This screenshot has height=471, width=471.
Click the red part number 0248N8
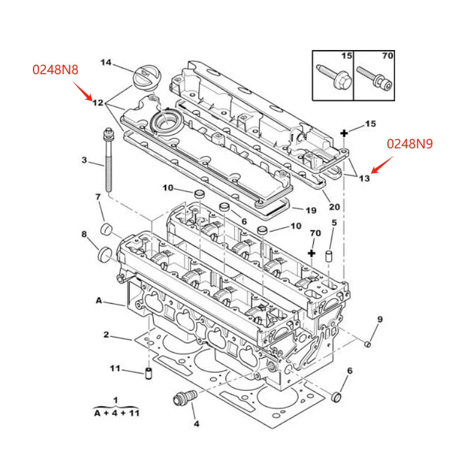click(55, 69)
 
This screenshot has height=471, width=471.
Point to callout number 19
click(311, 210)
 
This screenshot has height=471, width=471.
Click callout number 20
click(334, 207)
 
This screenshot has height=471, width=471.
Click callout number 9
click(379, 320)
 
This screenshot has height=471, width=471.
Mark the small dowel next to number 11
click(149, 373)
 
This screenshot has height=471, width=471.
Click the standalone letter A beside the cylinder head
click(99, 300)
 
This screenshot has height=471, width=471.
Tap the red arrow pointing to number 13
click(382, 166)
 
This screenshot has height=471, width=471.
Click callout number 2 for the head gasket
click(106, 335)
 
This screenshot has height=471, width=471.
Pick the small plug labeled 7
click(107, 228)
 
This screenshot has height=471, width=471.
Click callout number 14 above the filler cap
click(105, 62)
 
